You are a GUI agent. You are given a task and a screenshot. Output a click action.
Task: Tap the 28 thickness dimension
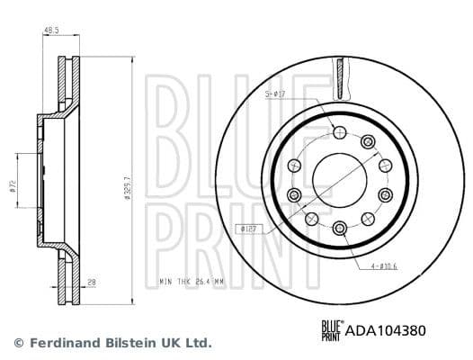(x=92, y=283)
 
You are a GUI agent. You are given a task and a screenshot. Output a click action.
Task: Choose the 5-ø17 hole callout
(x=274, y=92)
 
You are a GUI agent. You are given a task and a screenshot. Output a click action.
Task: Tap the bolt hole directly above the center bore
(x=339, y=134)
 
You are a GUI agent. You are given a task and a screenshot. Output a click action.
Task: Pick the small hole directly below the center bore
(x=339, y=228)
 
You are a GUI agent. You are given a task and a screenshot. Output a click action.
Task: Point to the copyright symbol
(x=19, y=343)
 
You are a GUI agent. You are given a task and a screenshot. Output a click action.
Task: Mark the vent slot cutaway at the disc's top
(x=341, y=73)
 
